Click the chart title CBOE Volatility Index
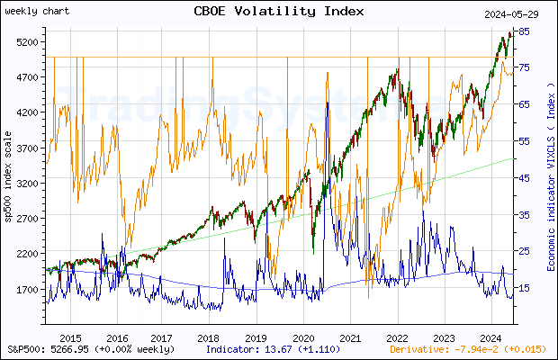pyautogui.click(x=279, y=12)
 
